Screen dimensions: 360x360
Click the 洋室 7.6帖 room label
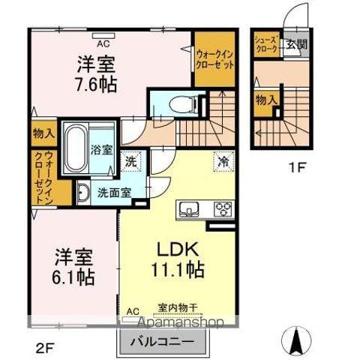97,72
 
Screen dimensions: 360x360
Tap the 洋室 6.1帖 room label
73,265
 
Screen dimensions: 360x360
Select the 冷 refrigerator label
223,159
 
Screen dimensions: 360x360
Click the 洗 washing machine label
130,160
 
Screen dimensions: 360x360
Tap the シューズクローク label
266,44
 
